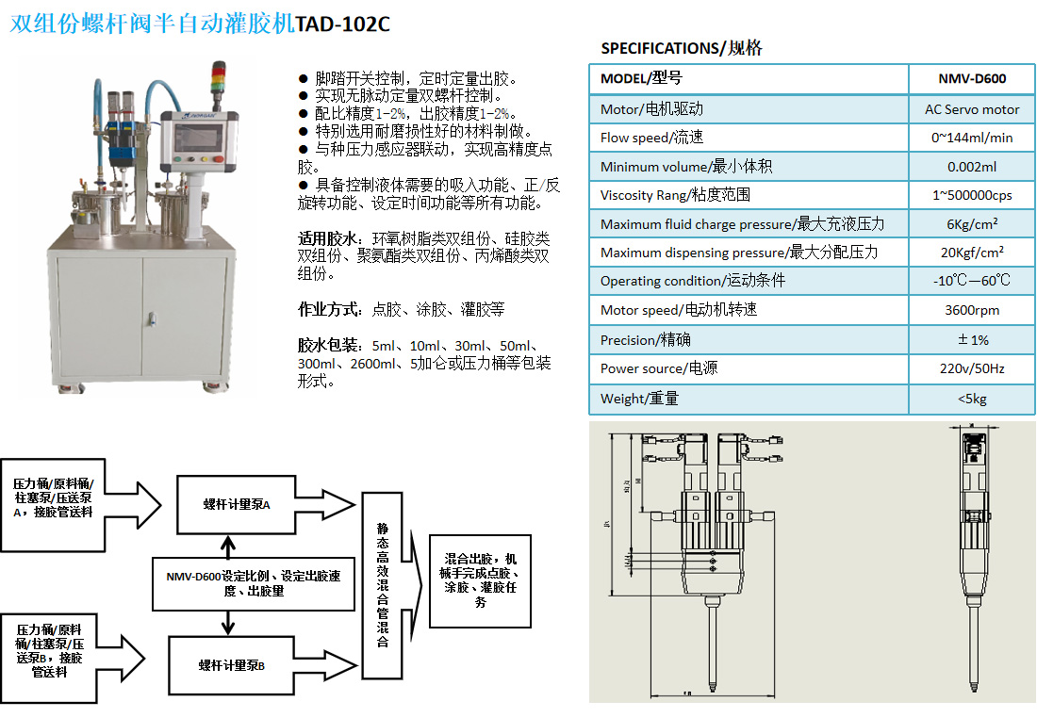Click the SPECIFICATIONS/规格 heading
pos(682,48)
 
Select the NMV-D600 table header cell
pos(972,79)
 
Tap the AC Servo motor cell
pos(972,109)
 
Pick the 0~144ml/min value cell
pos(972,138)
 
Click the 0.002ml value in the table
pos(972,167)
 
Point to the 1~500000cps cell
pos(972,195)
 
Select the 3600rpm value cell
pos(972,310)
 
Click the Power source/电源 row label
pos(659,368)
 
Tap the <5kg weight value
pos(972,399)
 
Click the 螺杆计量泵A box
pos(237,504)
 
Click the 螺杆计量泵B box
pos(231,665)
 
